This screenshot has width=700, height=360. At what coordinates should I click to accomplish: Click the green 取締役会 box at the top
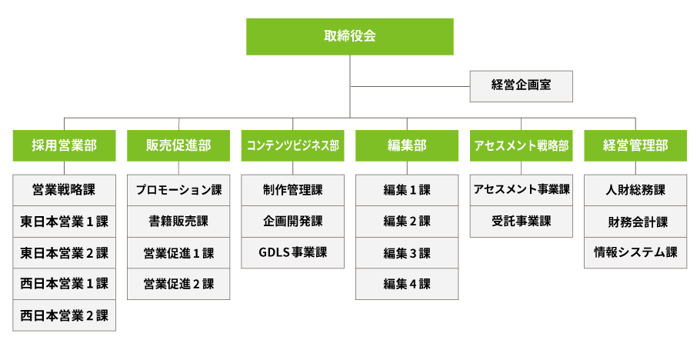click(x=350, y=36)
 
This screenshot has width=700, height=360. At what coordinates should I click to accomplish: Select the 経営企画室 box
click(x=521, y=85)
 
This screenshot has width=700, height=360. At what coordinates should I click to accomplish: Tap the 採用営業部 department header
click(x=64, y=145)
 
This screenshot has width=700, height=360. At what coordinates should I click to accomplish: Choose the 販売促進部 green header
click(x=178, y=145)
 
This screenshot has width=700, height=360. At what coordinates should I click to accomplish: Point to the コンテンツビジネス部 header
click(x=292, y=145)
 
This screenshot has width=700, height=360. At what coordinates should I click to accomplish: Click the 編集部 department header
click(x=407, y=145)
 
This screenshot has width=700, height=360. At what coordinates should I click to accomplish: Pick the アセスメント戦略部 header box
click(x=521, y=145)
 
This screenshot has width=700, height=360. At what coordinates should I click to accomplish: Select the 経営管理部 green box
click(x=635, y=145)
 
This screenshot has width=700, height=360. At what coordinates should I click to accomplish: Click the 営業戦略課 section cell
click(x=64, y=190)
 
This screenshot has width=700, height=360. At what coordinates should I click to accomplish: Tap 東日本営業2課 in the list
click(x=64, y=252)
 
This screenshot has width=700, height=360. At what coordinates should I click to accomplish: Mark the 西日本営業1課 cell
click(x=64, y=284)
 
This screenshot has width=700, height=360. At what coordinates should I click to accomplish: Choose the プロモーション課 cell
click(x=178, y=190)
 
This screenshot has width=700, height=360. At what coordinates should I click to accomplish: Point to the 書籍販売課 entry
click(x=178, y=222)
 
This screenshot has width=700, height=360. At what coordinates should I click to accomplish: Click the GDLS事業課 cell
click(x=292, y=252)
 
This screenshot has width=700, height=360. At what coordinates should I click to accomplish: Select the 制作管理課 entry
click(x=292, y=190)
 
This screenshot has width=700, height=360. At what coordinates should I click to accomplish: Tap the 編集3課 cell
click(x=407, y=252)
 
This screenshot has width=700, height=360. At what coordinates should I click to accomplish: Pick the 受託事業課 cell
click(x=521, y=222)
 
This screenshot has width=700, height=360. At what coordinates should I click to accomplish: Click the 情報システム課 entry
click(x=635, y=252)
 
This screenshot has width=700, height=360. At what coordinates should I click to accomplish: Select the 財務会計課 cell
click(x=635, y=222)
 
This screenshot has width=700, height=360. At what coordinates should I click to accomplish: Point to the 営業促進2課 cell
click(x=178, y=284)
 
